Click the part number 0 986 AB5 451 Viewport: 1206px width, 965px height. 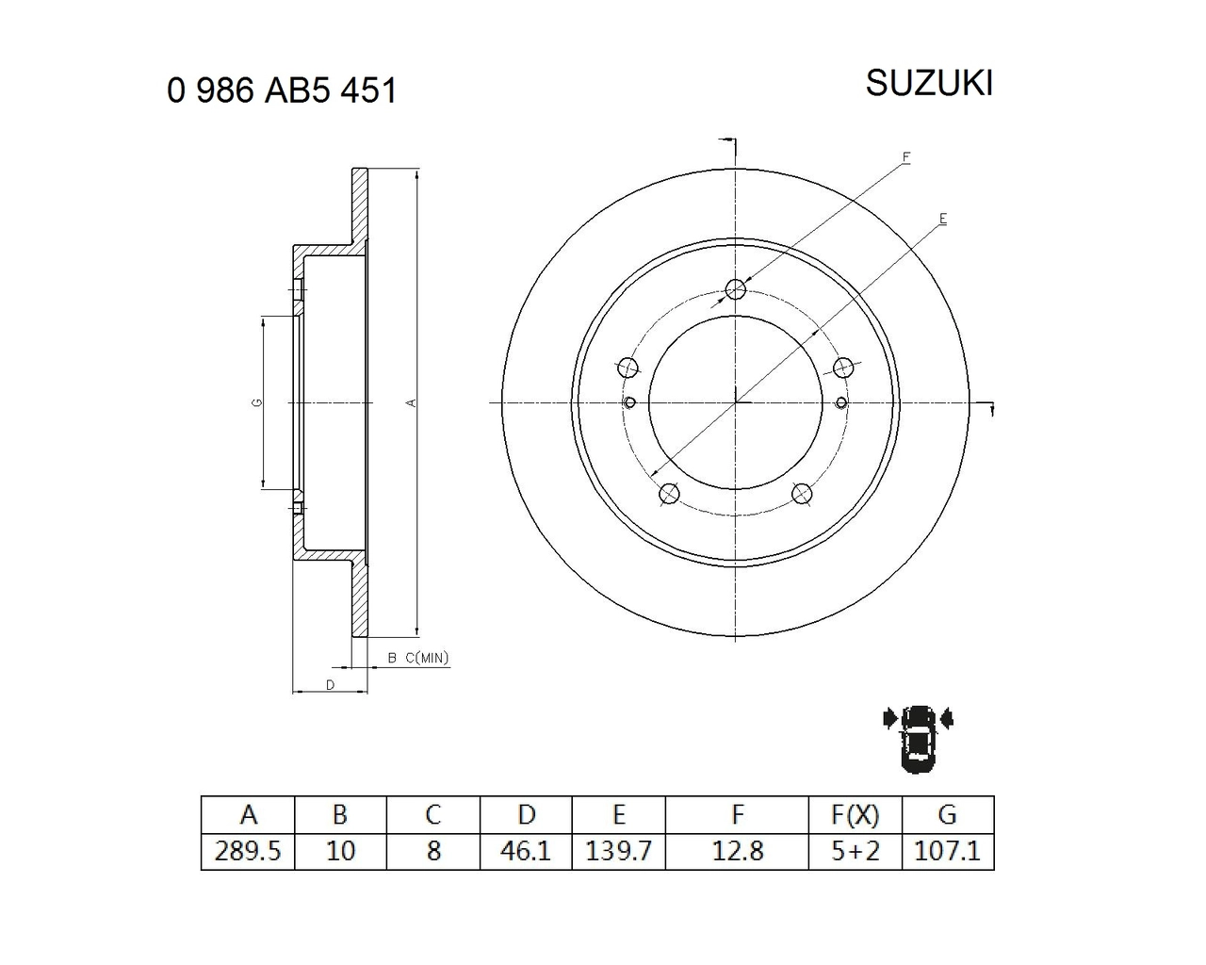tap(282, 91)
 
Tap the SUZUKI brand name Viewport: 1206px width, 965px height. tap(929, 84)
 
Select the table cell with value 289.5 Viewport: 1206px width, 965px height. tap(248, 852)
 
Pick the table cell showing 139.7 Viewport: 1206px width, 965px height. tap(618, 852)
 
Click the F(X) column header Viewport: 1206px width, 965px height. tap(855, 815)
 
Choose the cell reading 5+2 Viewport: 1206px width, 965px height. tap(855, 852)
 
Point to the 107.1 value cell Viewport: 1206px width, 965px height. tap(947, 852)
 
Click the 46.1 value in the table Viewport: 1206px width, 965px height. tap(526, 852)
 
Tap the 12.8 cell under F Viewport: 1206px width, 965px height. tap(737, 852)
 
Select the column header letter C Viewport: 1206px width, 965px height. tap(433, 815)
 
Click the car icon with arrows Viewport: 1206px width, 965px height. tap(918, 738)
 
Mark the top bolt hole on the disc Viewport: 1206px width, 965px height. tap(736, 289)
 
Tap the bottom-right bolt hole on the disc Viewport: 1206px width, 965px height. tap(802, 493)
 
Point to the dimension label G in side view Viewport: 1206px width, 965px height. tap(256, 402)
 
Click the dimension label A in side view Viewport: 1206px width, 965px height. tap(410, 402)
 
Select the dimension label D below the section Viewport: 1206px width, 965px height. tap(330, 684)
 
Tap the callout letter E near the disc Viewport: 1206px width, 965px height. tap(942, 219)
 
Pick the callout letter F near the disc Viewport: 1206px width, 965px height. tap(905, 156)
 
